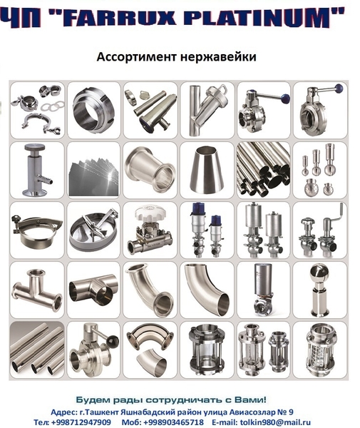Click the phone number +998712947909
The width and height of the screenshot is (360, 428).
(81, 422)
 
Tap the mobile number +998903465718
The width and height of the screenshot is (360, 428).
(173, 422)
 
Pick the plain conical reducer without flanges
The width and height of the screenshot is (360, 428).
(207, 169)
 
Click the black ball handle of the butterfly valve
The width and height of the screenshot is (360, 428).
(113, 341)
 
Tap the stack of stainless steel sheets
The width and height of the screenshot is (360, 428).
(93, 179)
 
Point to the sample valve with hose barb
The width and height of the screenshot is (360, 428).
(36, 170)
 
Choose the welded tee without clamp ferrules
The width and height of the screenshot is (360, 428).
(93, 290)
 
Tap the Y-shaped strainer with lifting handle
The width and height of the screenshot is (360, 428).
(209, 109)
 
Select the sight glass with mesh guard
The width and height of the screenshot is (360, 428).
(320, 350)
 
